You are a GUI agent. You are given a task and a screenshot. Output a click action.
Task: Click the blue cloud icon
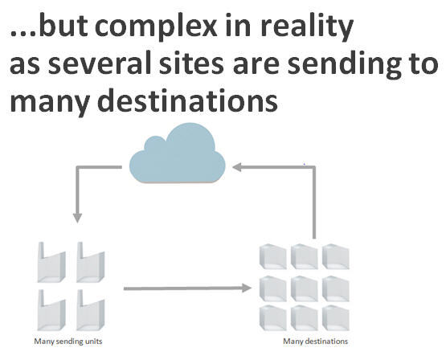click(178, 153)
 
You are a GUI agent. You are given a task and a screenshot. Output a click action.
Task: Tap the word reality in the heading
click(307, 27)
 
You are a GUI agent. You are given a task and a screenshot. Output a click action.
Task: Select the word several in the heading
click(100, 63)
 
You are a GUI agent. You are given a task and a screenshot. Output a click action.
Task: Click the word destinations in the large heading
click(188, 101)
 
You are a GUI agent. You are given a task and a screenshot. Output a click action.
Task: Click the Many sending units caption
click(68, 342)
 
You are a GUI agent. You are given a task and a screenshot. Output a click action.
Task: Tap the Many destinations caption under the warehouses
click(316, 342)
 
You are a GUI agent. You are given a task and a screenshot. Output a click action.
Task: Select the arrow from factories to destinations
click(187, 288)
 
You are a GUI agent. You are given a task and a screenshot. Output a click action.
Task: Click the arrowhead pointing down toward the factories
click(77, 218)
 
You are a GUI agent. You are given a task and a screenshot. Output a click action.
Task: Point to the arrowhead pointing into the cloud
click(237, 167)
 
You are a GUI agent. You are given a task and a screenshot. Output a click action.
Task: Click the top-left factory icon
click(51, 263)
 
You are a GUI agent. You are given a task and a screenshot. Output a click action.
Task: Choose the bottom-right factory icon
click(91, 310)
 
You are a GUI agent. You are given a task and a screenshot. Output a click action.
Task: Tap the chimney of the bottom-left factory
click(41, 298)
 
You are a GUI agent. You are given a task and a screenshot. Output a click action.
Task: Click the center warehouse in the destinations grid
click(305, 288)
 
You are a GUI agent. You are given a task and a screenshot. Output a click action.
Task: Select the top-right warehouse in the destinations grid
click(336, 256)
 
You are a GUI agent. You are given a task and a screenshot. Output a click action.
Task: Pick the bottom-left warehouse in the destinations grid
click(273, 318)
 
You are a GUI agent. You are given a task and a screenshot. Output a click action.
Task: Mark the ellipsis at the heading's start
click(23, 34)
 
